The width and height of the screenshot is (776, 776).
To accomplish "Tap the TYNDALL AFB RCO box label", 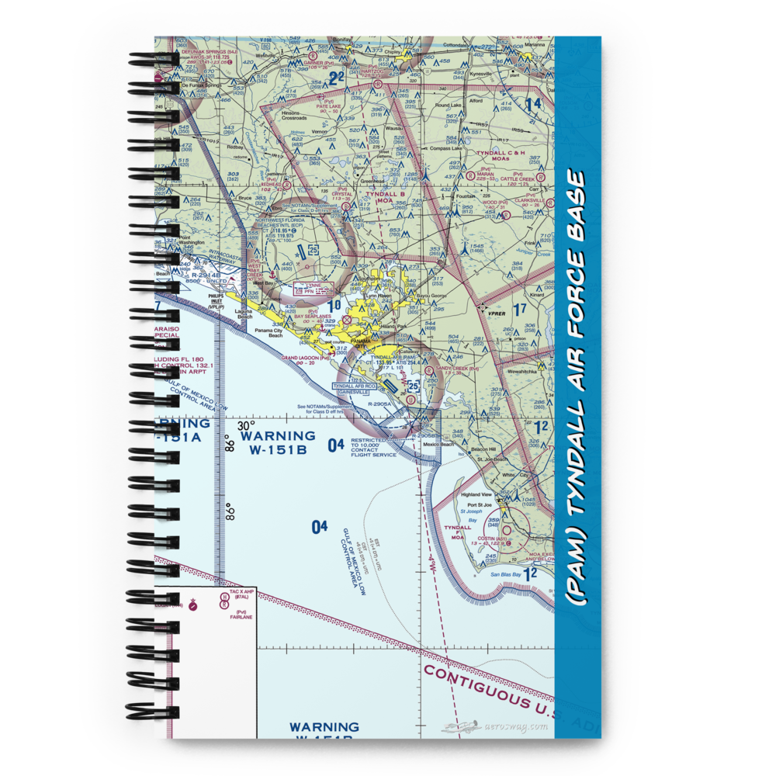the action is tap(354, 386).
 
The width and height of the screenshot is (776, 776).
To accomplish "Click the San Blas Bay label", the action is tap(505, 574).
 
